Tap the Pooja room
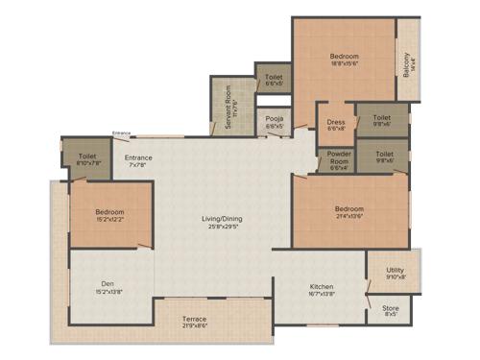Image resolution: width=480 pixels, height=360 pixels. coord(275,122)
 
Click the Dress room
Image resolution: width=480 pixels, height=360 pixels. coord(335,124)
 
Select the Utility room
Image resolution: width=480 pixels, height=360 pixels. coord(395,273)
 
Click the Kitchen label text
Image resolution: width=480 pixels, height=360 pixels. coord(321,286)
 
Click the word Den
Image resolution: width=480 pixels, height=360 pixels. coord(108,283)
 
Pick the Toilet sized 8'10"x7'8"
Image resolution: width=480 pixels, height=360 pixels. coord(86,158)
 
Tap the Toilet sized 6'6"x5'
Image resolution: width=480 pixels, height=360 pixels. coord(274,80)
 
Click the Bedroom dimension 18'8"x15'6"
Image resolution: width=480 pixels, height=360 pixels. coord(345,63)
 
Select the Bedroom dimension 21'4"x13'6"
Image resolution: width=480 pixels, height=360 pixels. coord(348,215)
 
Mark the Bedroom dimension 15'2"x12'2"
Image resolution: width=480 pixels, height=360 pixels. coord(108,218)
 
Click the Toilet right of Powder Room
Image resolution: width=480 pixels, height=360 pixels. coord(384,156)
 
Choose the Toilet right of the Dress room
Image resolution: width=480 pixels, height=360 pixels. coord(381,120)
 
